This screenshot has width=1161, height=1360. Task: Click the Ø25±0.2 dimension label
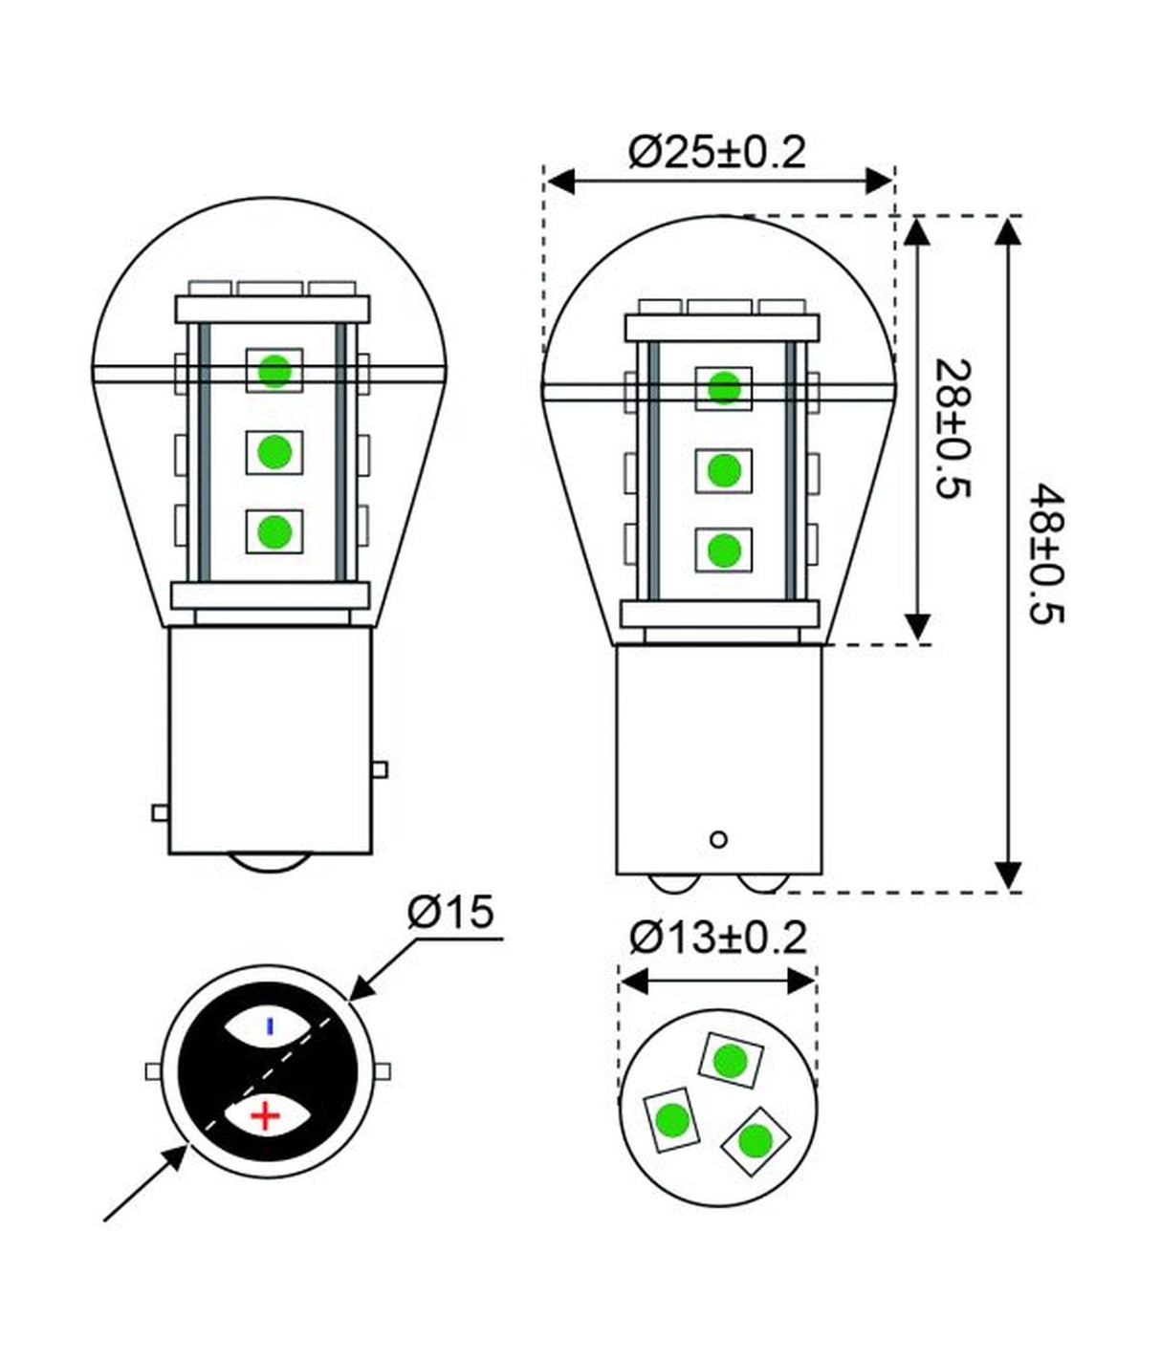(717, 152)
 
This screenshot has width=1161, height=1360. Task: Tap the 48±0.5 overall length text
(1046, 553)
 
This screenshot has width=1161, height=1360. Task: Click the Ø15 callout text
(450, 914)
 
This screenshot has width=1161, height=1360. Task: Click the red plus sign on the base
(264, 1115)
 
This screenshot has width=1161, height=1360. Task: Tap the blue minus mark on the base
(270, 1025)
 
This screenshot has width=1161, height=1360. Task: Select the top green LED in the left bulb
(274, 369)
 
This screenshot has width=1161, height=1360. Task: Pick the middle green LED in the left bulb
(274, 451)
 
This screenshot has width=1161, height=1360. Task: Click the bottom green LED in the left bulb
(274, 530)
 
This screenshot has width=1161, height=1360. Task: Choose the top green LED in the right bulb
(724, 388)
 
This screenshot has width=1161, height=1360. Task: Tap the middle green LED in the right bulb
(724, 469)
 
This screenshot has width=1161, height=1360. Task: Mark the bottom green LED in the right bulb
(724, 550)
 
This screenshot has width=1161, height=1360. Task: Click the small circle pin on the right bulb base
(719, 839)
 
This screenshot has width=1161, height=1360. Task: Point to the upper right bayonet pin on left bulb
(381, 769)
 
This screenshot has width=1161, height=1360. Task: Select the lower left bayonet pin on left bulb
(160, 812)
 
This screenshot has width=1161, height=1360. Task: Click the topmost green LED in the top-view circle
(731, 1060)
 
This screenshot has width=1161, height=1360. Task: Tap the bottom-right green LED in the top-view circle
(756, 1139)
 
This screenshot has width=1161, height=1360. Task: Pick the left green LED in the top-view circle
(671, 1119)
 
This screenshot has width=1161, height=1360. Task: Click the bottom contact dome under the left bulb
(271, 862)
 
